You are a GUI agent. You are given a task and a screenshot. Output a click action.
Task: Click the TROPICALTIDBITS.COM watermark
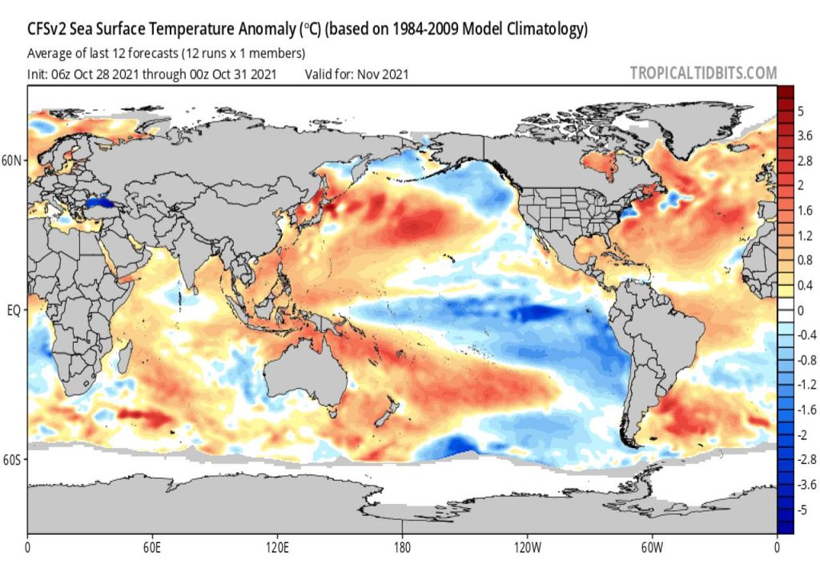(703, 73)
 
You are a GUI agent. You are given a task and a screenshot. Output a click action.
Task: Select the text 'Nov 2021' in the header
(383, 75)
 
